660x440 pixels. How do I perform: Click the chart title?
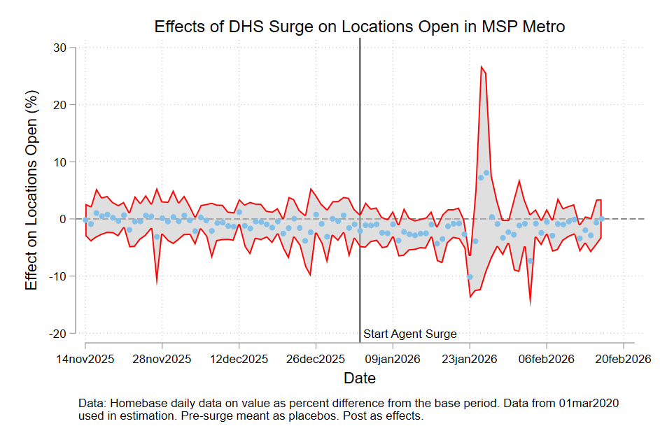[360, 27]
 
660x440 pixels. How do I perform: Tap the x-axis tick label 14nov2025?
[85, 360]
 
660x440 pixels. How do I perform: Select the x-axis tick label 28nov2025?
[162, 360]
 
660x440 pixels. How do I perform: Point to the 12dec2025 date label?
[239, 360]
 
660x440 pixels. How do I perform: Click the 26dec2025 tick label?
[316, 360]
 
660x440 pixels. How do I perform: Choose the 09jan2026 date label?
[393, 360]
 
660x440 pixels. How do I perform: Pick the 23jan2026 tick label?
[470, 360]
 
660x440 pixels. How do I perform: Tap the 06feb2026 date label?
[547, 360]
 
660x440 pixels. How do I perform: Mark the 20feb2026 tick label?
[622, 360]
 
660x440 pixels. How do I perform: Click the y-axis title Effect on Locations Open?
[31, 190]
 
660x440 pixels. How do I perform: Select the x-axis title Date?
[360, 378]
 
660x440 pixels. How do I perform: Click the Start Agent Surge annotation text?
[410, 334]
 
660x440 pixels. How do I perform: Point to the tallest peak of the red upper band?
[482, 67]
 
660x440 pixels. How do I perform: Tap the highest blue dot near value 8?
[486, 173]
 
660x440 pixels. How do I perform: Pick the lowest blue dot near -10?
[470, 277]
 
